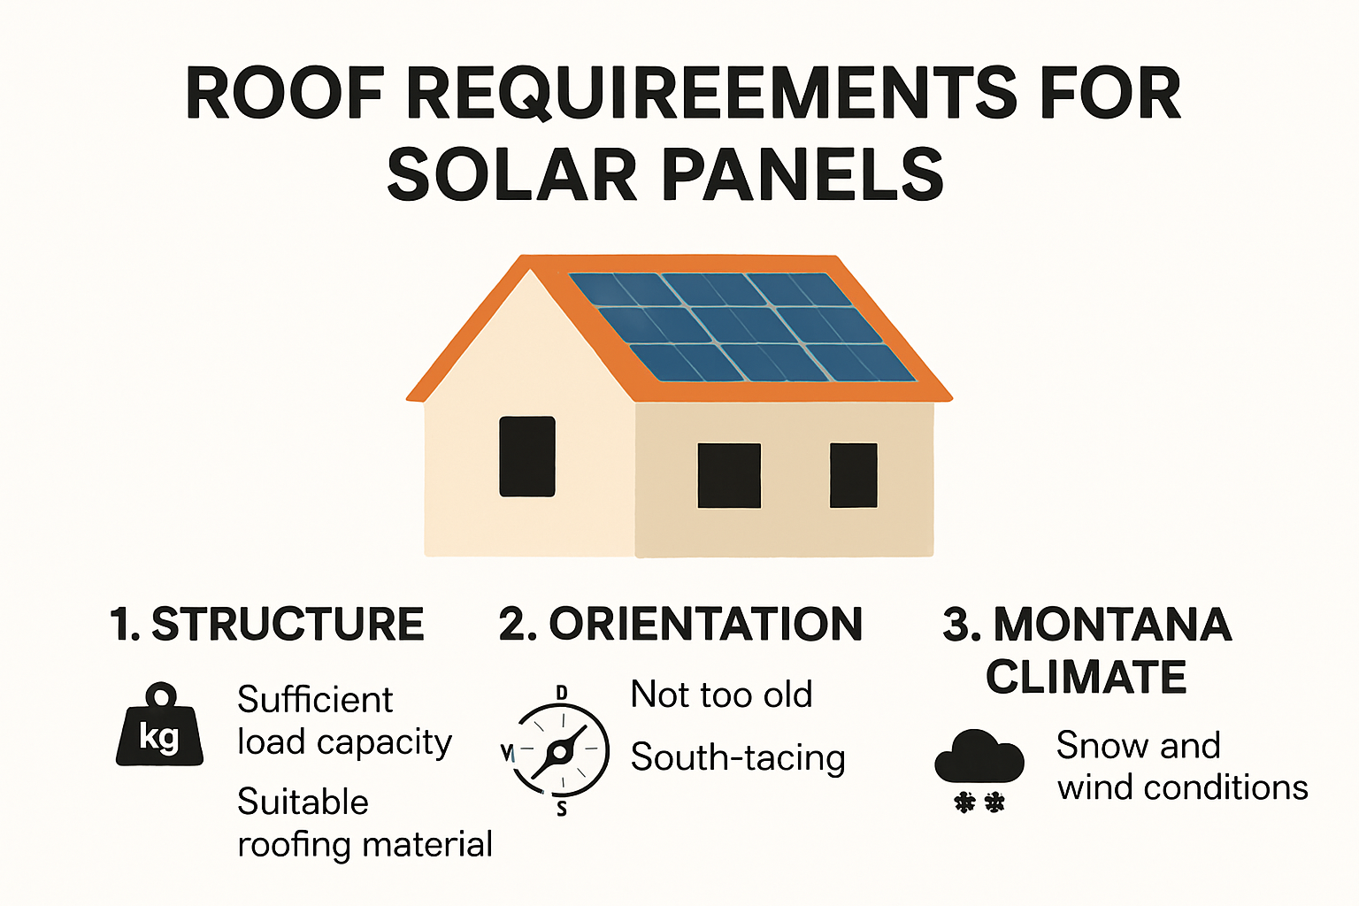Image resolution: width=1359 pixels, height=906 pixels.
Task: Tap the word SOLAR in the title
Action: pos(511,174)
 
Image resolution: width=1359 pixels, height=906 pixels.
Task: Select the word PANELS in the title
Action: pos(802,174)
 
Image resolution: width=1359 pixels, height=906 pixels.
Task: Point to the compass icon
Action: pos(560,751)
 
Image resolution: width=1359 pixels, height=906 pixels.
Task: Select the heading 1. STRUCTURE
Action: pos(267,624)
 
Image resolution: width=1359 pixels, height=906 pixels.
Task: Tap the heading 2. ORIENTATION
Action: pos(679,624)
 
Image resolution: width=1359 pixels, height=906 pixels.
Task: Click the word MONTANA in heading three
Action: pos(1112,624)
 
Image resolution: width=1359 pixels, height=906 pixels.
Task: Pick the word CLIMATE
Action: pos(1086,678)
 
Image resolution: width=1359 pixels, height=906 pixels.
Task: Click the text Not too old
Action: pos(721,695)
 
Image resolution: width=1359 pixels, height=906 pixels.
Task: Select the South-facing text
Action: pos(738,758)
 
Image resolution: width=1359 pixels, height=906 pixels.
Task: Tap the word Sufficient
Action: pos(315,700)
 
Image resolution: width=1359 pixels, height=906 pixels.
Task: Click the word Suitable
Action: pos(303,802)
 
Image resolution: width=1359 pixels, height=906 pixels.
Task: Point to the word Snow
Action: pos(1102,746)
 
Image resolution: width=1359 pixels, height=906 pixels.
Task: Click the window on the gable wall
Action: pos(527,457)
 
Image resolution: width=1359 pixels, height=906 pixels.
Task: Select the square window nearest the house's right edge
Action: pos(853,475)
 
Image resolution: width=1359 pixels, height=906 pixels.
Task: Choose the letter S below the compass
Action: pos(562,809)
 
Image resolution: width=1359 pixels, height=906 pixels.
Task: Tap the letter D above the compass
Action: pos(561,692)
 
